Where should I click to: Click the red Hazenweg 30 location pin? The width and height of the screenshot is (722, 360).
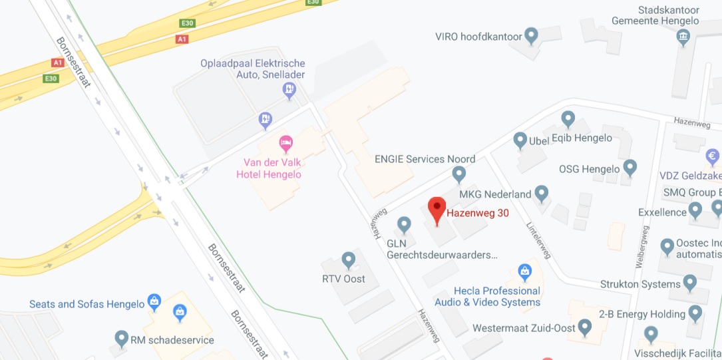click(437, 210)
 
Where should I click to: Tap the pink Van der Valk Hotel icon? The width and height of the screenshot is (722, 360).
click(285, 143)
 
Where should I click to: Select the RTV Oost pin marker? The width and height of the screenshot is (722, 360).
click(348, 260)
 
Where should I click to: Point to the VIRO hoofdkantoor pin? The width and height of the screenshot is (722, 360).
click(531, 36)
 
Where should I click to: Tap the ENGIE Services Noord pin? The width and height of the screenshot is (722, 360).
click(458, 174)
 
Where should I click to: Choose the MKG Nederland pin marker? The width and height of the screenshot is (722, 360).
click(542, 194)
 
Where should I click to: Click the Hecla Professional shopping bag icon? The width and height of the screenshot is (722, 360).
click(524, 272)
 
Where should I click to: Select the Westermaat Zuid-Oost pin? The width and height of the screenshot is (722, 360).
click(585, 327)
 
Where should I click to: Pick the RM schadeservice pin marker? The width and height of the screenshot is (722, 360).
click(121, 339)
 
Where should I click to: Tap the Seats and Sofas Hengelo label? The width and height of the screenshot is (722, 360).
click(87, 304)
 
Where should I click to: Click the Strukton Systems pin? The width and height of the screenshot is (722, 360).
click(690, 283)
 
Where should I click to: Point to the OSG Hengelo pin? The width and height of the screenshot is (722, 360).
click(630, 168)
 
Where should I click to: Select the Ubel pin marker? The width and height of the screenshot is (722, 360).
click(520, 140)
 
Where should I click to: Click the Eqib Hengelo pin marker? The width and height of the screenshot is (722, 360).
click(568, 120)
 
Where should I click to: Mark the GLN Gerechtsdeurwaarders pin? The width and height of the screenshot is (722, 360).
click(404, 225)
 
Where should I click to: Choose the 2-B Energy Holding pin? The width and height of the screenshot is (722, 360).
click(695, 313)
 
